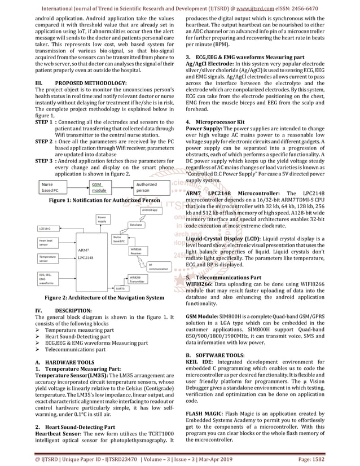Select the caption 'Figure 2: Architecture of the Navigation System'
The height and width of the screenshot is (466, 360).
pyautogui.click(x=96, y=297)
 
